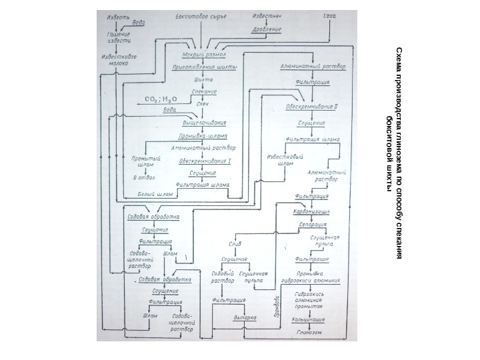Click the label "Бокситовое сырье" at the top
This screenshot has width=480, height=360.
[195, 15]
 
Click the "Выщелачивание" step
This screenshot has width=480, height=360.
[205, 123]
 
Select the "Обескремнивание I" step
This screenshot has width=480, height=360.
[205, 161]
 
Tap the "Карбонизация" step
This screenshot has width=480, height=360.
[312, 211]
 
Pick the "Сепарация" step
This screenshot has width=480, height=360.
[312, 225]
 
